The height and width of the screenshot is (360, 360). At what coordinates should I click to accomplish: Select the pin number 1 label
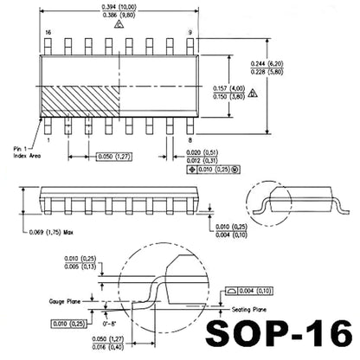pyautogui.click(x=48, y=139)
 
